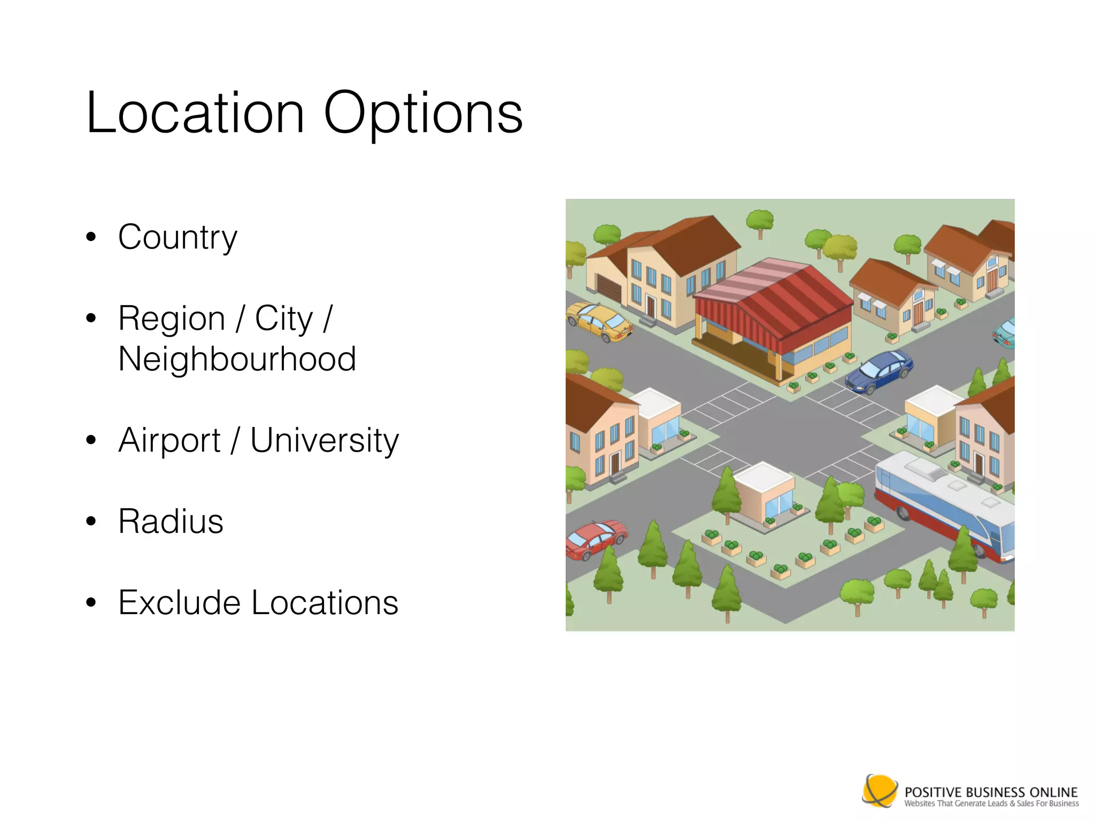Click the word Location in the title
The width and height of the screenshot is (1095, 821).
coord(195,113)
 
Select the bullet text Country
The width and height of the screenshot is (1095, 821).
coord(178,237)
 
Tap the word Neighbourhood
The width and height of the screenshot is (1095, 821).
coord(237,359)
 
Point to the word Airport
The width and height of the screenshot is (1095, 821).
coord(169,440)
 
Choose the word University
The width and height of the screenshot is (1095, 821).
coord(325,442)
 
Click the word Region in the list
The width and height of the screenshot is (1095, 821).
coord(172,319)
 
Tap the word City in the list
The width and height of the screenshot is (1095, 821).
coord(283,319)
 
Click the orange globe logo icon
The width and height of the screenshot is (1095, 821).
coord(880,790)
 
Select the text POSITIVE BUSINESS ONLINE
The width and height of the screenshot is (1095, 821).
coord(991,792)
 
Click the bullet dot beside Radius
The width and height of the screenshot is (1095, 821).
coord(91,521)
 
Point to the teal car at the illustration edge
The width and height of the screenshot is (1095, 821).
coord(1005,332)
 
